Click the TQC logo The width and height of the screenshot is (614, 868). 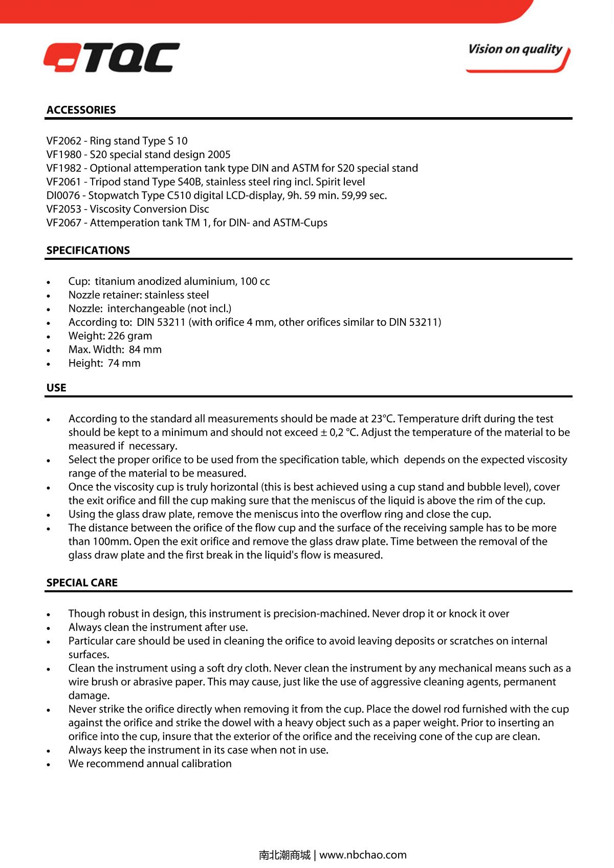[112, 57]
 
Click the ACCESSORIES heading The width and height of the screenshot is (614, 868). [81, 110]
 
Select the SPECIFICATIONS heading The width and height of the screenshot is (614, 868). [88, 250]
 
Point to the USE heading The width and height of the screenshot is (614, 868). [56, 388]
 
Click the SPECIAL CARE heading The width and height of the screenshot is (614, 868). [82, 583]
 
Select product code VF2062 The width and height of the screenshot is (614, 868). [63, 141]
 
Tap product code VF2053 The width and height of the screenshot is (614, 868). [63, 209]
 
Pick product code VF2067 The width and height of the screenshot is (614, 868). [63, 223]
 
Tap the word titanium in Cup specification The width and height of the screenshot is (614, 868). [115, 281]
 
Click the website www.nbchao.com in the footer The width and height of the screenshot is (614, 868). [363, 855]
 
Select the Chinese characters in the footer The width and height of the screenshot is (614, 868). [284, 855]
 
